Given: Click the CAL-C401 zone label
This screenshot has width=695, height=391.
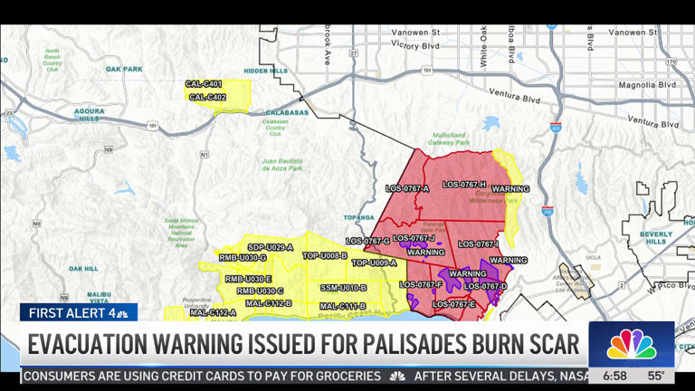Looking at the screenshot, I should coord(205,85).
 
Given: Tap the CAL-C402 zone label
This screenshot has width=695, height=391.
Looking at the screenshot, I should coord(205,97).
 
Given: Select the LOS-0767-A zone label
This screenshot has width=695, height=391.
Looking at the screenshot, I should coord(406,188).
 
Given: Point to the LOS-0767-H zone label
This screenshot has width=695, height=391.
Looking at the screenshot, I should coord(463,185).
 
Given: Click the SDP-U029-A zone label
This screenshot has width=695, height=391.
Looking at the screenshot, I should coord(271,247).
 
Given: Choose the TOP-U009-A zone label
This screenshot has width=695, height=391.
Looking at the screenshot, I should coord(374,262).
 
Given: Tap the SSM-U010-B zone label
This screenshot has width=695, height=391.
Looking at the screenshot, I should coord(344,288).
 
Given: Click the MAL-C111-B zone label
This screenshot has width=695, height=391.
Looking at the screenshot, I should coord(343,306).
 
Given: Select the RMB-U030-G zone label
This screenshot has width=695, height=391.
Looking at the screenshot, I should coord(243,258).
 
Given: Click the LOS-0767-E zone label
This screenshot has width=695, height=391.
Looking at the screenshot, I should coord(453,305).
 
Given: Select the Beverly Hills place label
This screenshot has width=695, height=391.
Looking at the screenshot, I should coord(656,238).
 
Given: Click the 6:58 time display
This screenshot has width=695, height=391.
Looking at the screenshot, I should coord(614,376).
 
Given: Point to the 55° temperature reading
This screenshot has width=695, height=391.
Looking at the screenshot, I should coord(656,376).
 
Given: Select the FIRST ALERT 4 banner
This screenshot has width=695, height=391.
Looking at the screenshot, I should coord(78,313).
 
